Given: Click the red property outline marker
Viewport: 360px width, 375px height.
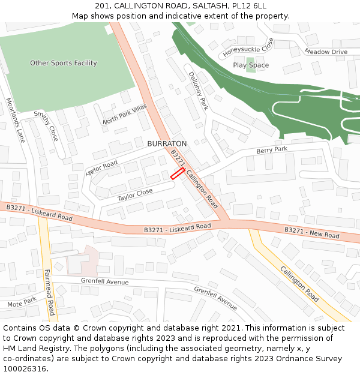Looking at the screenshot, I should tap(177, 173).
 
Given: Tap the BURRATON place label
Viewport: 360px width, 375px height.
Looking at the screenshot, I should tap(167, 144).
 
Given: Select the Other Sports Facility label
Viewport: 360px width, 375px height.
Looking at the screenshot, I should tap(64, 63).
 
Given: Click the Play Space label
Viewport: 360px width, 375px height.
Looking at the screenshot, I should tap(251, 65).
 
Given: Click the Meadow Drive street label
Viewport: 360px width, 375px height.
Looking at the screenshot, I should tap(326, 52).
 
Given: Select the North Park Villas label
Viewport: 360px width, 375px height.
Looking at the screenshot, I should tap(124, 113).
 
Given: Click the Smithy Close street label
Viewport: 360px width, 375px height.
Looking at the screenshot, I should tap(46, 125).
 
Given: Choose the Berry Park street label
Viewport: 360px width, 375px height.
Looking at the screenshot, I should tap(272, 149).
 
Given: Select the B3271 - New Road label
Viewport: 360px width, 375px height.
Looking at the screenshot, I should tap(311, 232).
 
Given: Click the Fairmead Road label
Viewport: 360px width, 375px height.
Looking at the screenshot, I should tap(50, 292).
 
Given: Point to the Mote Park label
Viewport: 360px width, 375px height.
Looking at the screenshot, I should tap(22, 302).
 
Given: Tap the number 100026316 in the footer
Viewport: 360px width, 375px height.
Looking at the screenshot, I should tap(25, 368).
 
